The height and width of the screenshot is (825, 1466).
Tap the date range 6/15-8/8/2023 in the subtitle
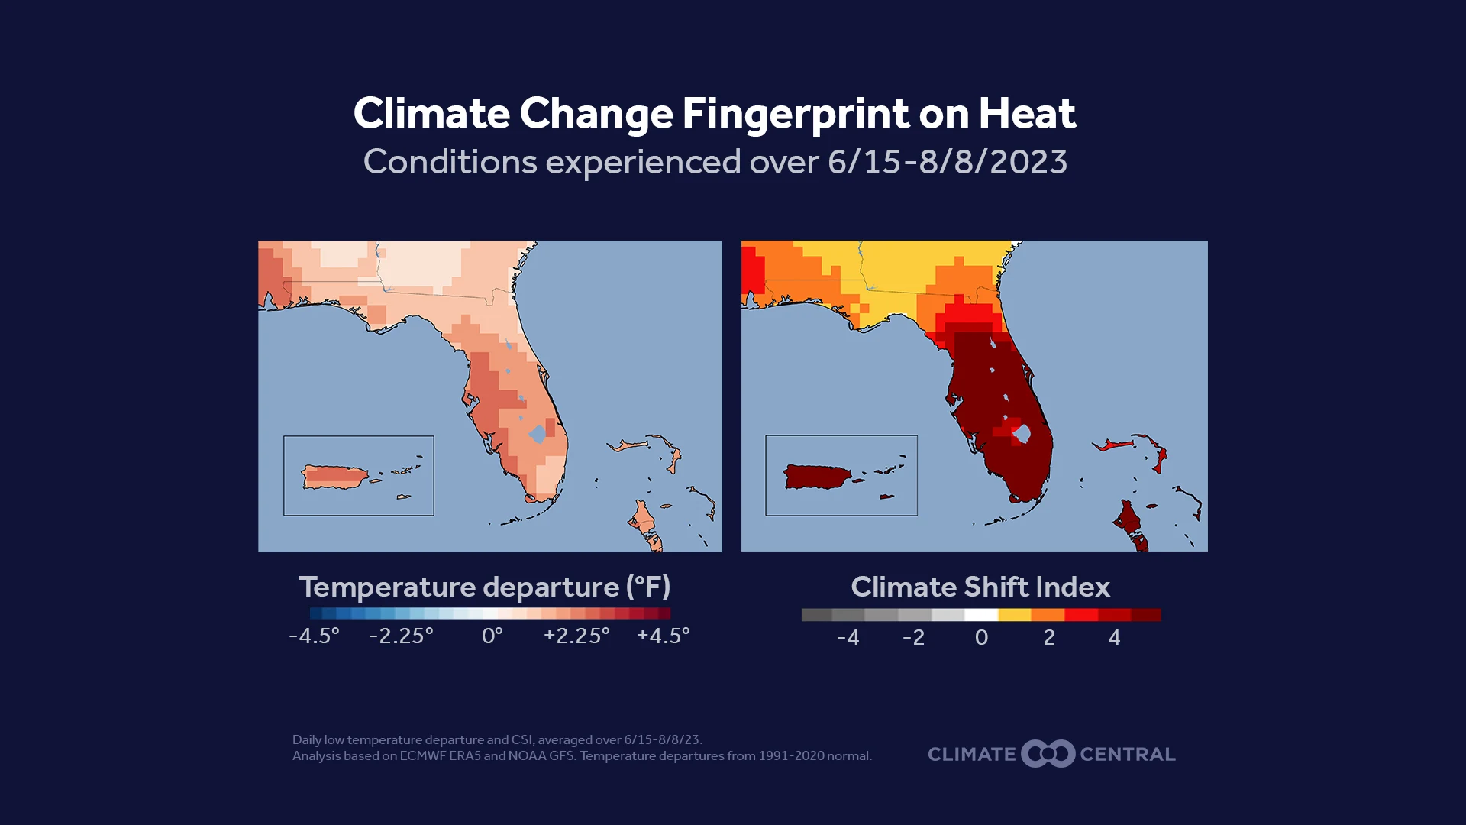click(x=947, y=162)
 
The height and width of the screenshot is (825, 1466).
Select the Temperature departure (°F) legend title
click(x=484, y=587)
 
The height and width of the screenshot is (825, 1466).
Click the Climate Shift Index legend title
click(x=980, y=587)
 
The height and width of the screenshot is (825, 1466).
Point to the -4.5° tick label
click(x=314, y=636)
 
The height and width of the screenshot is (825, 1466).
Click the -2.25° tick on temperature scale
click(x=401, y=636)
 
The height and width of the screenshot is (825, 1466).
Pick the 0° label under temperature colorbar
click(x=492, y=636)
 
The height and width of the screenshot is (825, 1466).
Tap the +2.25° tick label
click(x=576, y=636)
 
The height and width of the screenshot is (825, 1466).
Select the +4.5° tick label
click(x=663, y=636)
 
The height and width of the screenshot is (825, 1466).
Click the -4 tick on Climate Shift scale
click(x=848, y=637)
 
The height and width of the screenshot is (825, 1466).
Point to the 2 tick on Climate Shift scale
click(x=1049, y=637)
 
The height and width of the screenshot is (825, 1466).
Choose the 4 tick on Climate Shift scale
click(x=1114, y=637)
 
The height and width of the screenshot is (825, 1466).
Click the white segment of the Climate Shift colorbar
click(x=981, y=615)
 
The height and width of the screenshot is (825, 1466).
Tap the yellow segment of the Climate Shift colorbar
click(x=1014, y=615)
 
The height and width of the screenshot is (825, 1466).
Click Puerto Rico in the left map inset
click(x=334, y=477)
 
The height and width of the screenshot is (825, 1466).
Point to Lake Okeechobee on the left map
click(x=538, y=434)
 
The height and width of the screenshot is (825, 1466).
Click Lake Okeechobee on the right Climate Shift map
click(x=1022, y=434)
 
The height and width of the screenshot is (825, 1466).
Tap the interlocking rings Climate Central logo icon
click(x=1048, y=754)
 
